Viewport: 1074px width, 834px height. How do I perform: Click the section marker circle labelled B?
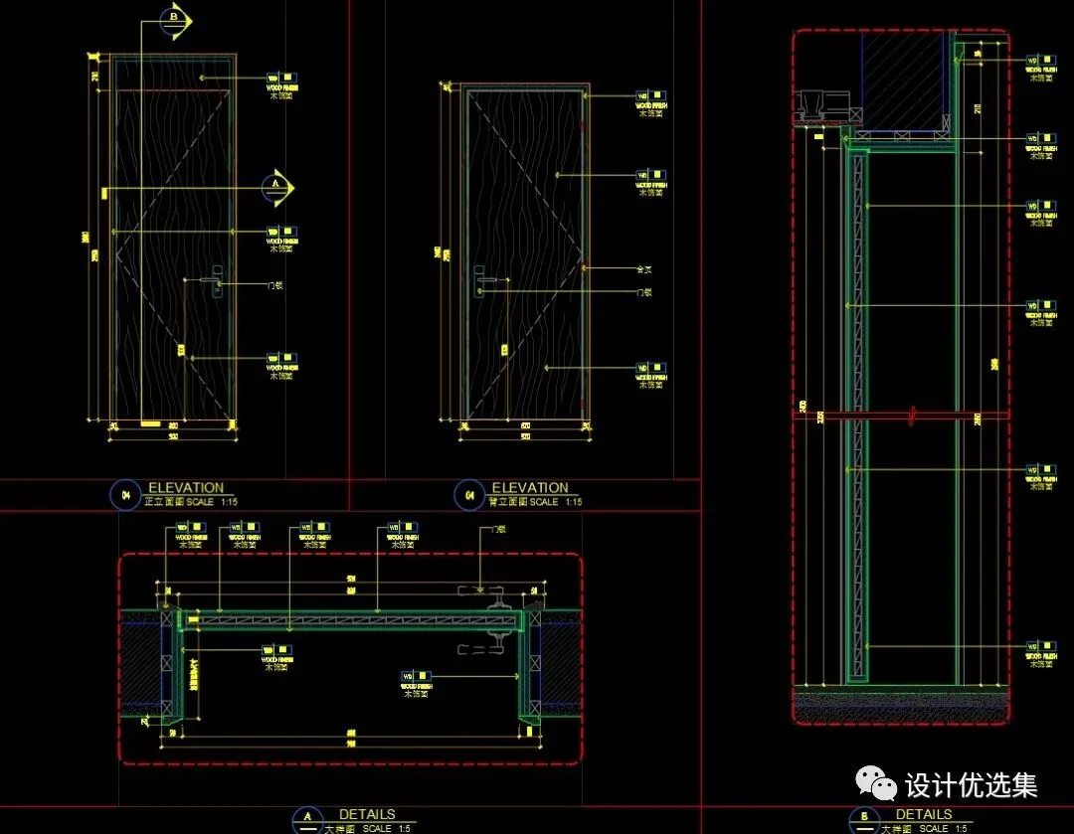coord(175,18)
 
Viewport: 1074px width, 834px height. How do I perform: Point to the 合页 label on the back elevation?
coord(643,268)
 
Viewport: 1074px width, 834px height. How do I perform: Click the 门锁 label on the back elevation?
coord(643,292)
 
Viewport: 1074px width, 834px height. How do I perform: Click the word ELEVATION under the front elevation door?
coord(186,488)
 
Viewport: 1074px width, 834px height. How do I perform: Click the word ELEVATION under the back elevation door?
coord(530,488)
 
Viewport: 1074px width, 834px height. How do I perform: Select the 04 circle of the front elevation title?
coord(126,495)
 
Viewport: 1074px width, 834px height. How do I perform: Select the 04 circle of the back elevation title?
coord(469,495)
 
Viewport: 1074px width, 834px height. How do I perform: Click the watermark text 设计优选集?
coord(972,785)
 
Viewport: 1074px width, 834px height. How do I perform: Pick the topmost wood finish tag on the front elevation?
coord(281,80)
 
